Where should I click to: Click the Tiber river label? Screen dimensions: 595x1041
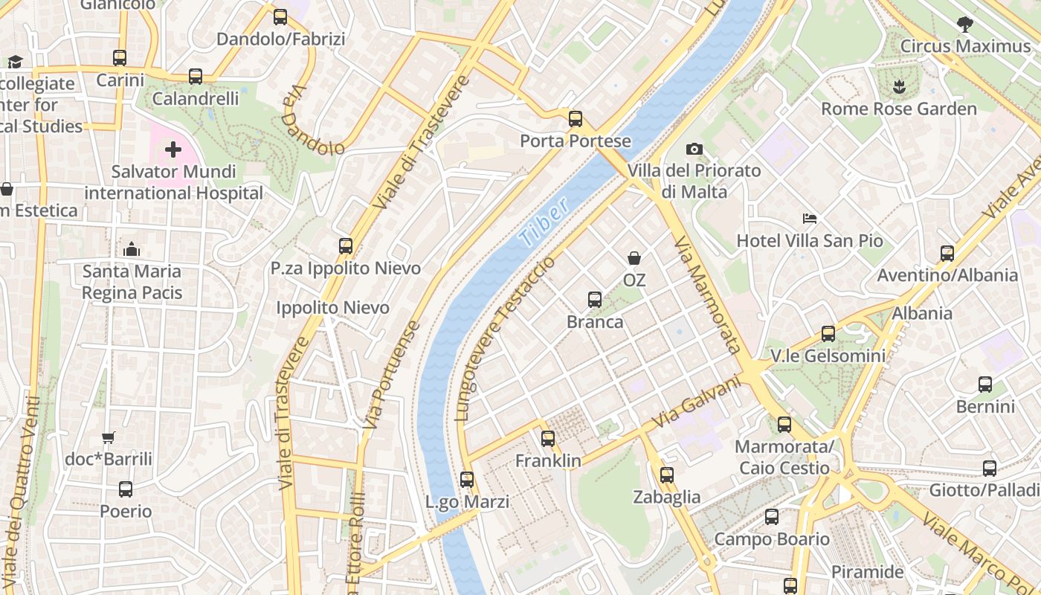(x=545, y=222)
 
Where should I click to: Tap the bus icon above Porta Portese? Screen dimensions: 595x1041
(x=575, y=118)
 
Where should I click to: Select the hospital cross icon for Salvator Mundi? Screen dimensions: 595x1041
(x=173, y=150)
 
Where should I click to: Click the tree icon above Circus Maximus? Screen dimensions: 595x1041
(x=964, y=24)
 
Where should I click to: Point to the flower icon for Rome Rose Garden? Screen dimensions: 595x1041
(x=898, y=86)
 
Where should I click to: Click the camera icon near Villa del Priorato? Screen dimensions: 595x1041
(x=694, y=149)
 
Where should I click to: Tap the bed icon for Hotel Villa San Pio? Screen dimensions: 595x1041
(x=810, y=219)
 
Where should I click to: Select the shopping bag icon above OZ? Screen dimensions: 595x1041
(x=634, y=258)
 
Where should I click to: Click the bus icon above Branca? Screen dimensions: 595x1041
(x=594, y=299)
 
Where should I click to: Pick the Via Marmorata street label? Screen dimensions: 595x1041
(x=707, y=295)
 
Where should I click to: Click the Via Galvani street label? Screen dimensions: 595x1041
(x=697, y=402)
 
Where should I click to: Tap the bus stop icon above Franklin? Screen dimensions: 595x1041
(x=548, y=439)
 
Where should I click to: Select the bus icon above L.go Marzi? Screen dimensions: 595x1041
(x=467, y=480)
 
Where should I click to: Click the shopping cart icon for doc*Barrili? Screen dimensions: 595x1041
(x=109, y=437)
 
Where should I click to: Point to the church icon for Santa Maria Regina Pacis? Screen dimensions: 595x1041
(x=132, y=248)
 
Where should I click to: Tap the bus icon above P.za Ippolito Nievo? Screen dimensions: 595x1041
(x=345, y=245)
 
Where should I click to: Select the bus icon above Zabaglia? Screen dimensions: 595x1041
(x=666, y=475)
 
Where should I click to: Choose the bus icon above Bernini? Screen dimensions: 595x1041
(x=984, y=385)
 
